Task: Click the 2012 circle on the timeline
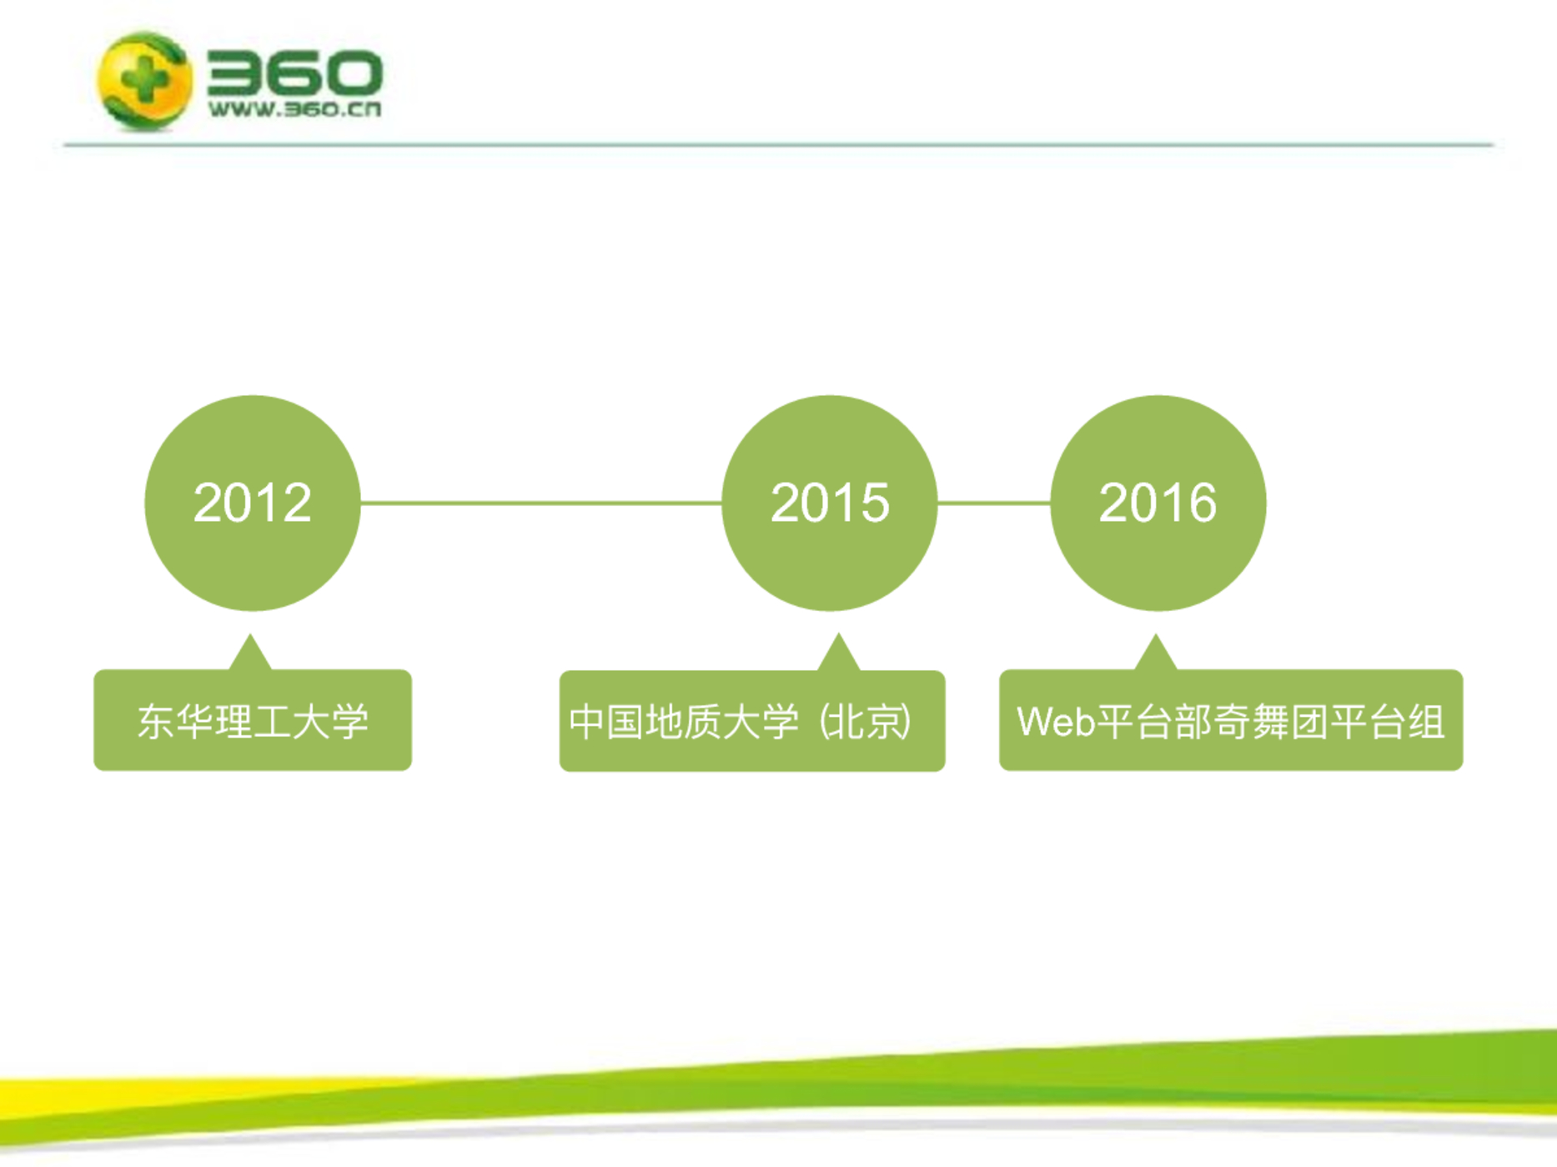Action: click(253, 503)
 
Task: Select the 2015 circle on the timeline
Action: click(830, 503)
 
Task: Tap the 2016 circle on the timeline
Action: click(1158, 503)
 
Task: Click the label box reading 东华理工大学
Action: click(253, 720)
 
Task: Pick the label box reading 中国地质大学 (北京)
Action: click(752, 721)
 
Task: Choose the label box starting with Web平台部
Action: click(1231, 720)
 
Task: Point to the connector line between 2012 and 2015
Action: click(541, 503)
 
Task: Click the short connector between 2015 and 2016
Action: click(994, 503)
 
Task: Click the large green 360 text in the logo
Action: click(294, 73)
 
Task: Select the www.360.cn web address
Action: click(294, 109)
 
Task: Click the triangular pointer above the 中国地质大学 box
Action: click(839, 652)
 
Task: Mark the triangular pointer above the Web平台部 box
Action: click(1156, 652)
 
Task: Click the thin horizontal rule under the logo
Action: click(778, 145)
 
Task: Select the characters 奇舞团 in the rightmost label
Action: click(1271, 722)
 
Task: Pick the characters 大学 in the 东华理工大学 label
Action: click(330, 721)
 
